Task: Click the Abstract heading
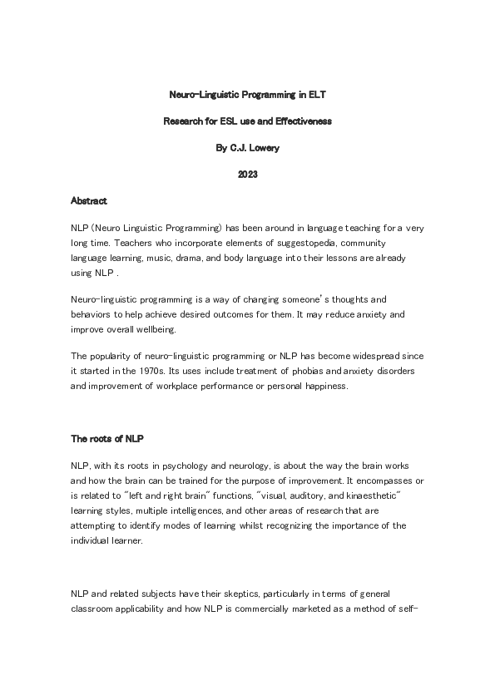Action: tap(89, 200)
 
